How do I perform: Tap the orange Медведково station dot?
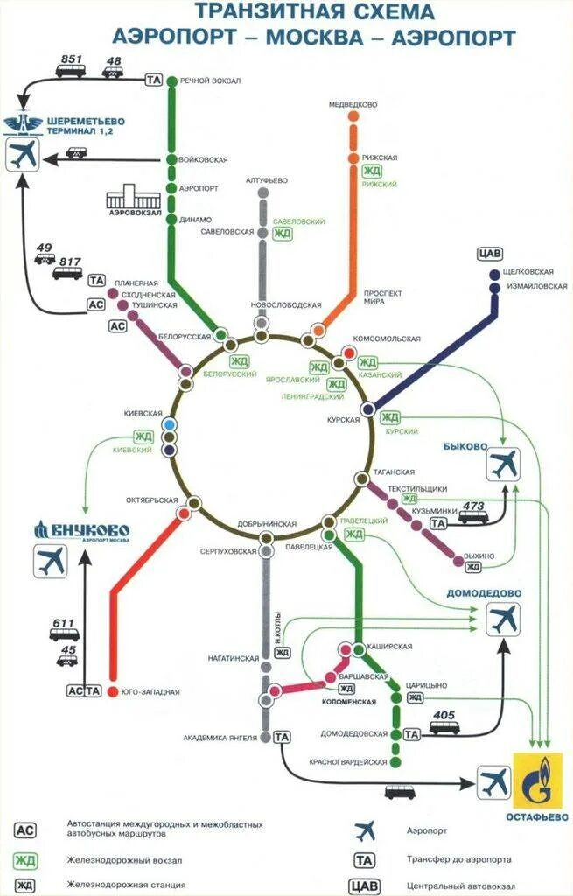coord(353,115)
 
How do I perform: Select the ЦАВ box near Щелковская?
coord(491,255)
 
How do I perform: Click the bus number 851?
coord(72,59)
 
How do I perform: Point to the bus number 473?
coord(473,507)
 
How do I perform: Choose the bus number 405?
coord(444,716)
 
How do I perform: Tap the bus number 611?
coord(64,624)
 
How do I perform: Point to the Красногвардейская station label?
coord(347,762)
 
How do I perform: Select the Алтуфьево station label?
coord(267,181)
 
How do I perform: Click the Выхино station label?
coord(479,556)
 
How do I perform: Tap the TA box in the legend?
coord(365,858)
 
